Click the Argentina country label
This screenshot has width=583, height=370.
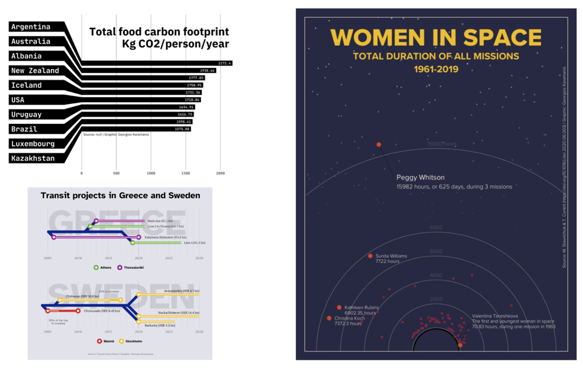coord(31,27)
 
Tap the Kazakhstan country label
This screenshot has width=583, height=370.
coord(33,159)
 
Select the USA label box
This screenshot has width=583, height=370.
coord(18,100)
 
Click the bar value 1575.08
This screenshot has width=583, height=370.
coord(183,129)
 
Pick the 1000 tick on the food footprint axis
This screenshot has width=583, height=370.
coord(151,174)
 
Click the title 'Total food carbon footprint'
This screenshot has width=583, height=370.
coord(159,32)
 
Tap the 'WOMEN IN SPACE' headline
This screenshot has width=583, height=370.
coord(436,38)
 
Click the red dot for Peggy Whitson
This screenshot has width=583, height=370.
coord(379,145)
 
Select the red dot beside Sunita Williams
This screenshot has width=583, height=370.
coord(370,256)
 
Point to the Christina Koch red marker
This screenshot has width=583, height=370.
coord(329,318)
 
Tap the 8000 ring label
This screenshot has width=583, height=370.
coord(436,228)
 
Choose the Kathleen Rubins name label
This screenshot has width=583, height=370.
coord(362,308)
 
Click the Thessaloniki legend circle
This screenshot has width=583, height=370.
coord(120,267)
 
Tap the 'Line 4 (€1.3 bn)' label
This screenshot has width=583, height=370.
coord(194,242)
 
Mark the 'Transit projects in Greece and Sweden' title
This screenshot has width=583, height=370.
coord(120,196)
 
